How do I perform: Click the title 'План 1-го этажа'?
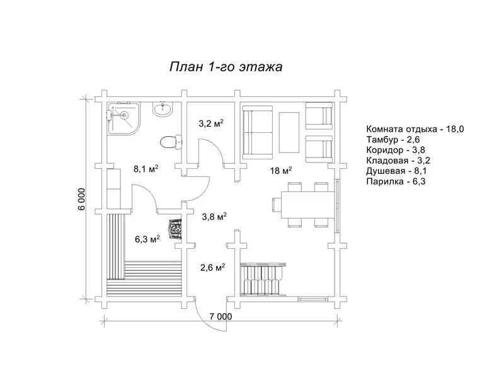226,67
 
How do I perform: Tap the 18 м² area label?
281,171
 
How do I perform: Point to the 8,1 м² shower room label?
145,169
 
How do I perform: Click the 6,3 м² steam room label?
147,239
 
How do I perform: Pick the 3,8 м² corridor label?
214,217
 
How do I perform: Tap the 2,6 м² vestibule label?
212,267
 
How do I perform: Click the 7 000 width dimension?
220,316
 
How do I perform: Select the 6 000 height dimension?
83,200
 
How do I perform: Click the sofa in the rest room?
257,130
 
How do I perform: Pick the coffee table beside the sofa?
289,131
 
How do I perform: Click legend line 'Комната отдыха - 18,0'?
415,129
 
